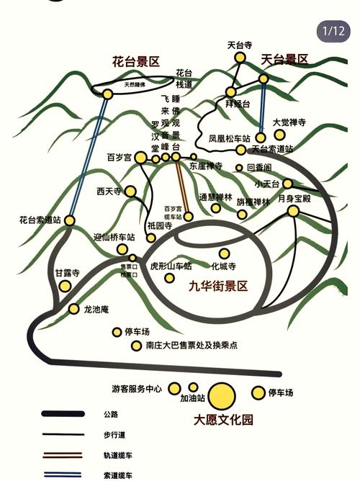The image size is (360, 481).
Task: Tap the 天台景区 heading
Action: tap(284, 59)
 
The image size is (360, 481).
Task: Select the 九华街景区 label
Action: tap(218, 286)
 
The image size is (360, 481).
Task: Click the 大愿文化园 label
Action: tap(223, 420)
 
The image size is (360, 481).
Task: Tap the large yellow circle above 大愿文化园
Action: tap(222, 395)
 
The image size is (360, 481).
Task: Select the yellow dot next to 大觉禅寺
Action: tap(279, 135)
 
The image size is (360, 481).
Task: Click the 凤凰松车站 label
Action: tap(229, 138)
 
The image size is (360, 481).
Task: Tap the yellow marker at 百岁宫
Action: tap(140, 158)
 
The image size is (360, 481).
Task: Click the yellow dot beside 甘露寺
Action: tap(65, 286)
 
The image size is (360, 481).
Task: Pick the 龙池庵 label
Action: tap(96, 310)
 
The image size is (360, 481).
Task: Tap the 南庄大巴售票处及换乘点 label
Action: tap(191, 346)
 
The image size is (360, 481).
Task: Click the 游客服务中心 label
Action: tap(137, 390)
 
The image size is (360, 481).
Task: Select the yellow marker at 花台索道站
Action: tap(70, 220)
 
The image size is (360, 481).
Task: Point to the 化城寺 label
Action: tap(224, 266)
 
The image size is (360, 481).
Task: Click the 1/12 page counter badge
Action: tap(334, 30)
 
